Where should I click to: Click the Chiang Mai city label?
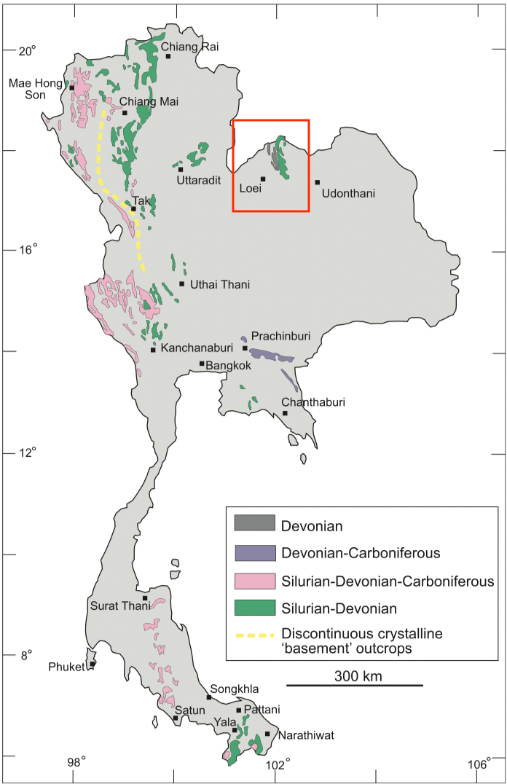pyautogui.click(x=149, y=102)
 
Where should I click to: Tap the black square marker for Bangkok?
pyautogui.click(x=202, y=364)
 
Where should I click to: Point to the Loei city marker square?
pyautogui.click(x=263, y=179)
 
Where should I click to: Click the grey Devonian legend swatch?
pyautogui.click(x=254, y=524)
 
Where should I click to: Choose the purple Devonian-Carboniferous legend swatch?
pyautogui.click(x=254, y=553)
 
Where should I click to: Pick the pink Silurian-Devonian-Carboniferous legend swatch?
pyautogui.click(x=254, y=581)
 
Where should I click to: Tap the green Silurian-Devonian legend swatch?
pyautogui.click(x=254, y=607)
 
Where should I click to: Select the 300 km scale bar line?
pyautogui.click(x=354, y=685)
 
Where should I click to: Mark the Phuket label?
pyautogui.click(x=66, y=667)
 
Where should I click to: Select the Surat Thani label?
pyautogui.click(x=117, y=605)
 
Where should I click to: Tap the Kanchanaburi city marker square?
pyautogui.click(x=153, y=350)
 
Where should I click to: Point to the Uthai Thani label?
pyautogui.click(x=219, y=285)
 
